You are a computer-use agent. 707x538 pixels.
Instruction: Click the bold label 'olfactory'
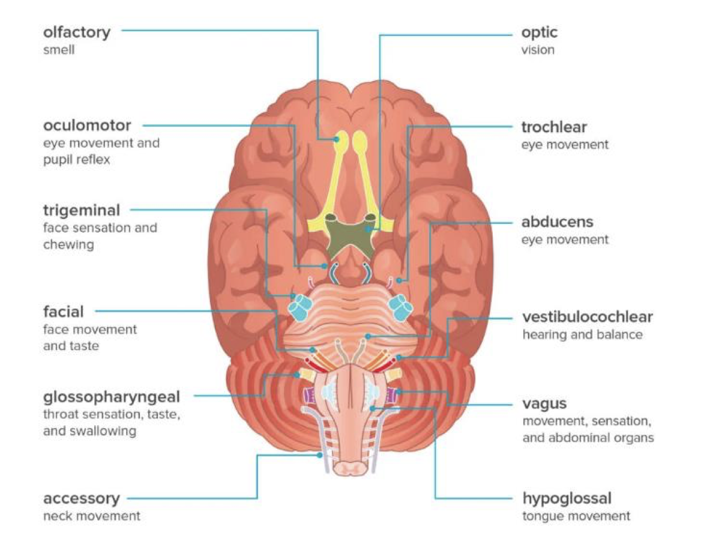77,32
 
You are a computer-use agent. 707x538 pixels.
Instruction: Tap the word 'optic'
539,32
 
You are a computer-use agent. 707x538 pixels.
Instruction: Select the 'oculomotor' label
87,126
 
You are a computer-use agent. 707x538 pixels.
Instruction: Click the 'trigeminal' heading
82,211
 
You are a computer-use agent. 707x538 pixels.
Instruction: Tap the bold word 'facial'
63,312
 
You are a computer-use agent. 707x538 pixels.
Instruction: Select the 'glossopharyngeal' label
111,397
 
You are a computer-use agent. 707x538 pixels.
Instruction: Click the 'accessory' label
81,498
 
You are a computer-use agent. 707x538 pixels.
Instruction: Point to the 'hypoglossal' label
567,498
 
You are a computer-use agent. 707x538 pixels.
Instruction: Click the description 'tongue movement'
576,516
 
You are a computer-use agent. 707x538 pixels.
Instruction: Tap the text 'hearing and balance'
582,334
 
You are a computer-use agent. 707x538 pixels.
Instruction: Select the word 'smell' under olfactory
59,50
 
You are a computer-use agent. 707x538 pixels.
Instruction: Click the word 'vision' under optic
538,50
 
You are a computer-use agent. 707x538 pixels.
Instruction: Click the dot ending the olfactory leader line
337,139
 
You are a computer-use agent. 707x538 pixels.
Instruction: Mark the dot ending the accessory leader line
320,456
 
